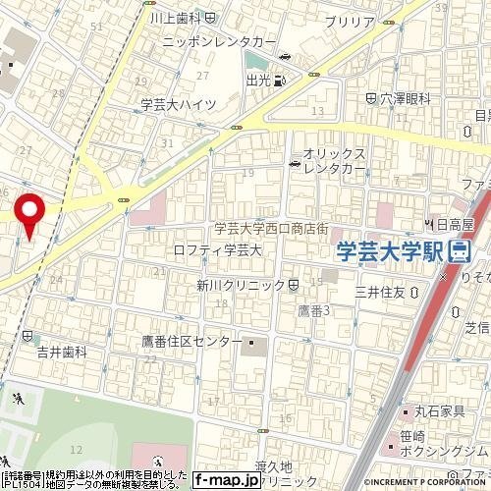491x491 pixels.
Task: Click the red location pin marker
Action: click(x=29, y=213)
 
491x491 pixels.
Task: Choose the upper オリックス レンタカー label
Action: click(x=334, y=154)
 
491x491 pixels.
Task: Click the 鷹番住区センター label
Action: click(x=191, y=341)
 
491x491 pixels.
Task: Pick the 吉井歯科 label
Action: click(x=63, y=350)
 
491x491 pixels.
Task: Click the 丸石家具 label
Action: click(x=438, y=411)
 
